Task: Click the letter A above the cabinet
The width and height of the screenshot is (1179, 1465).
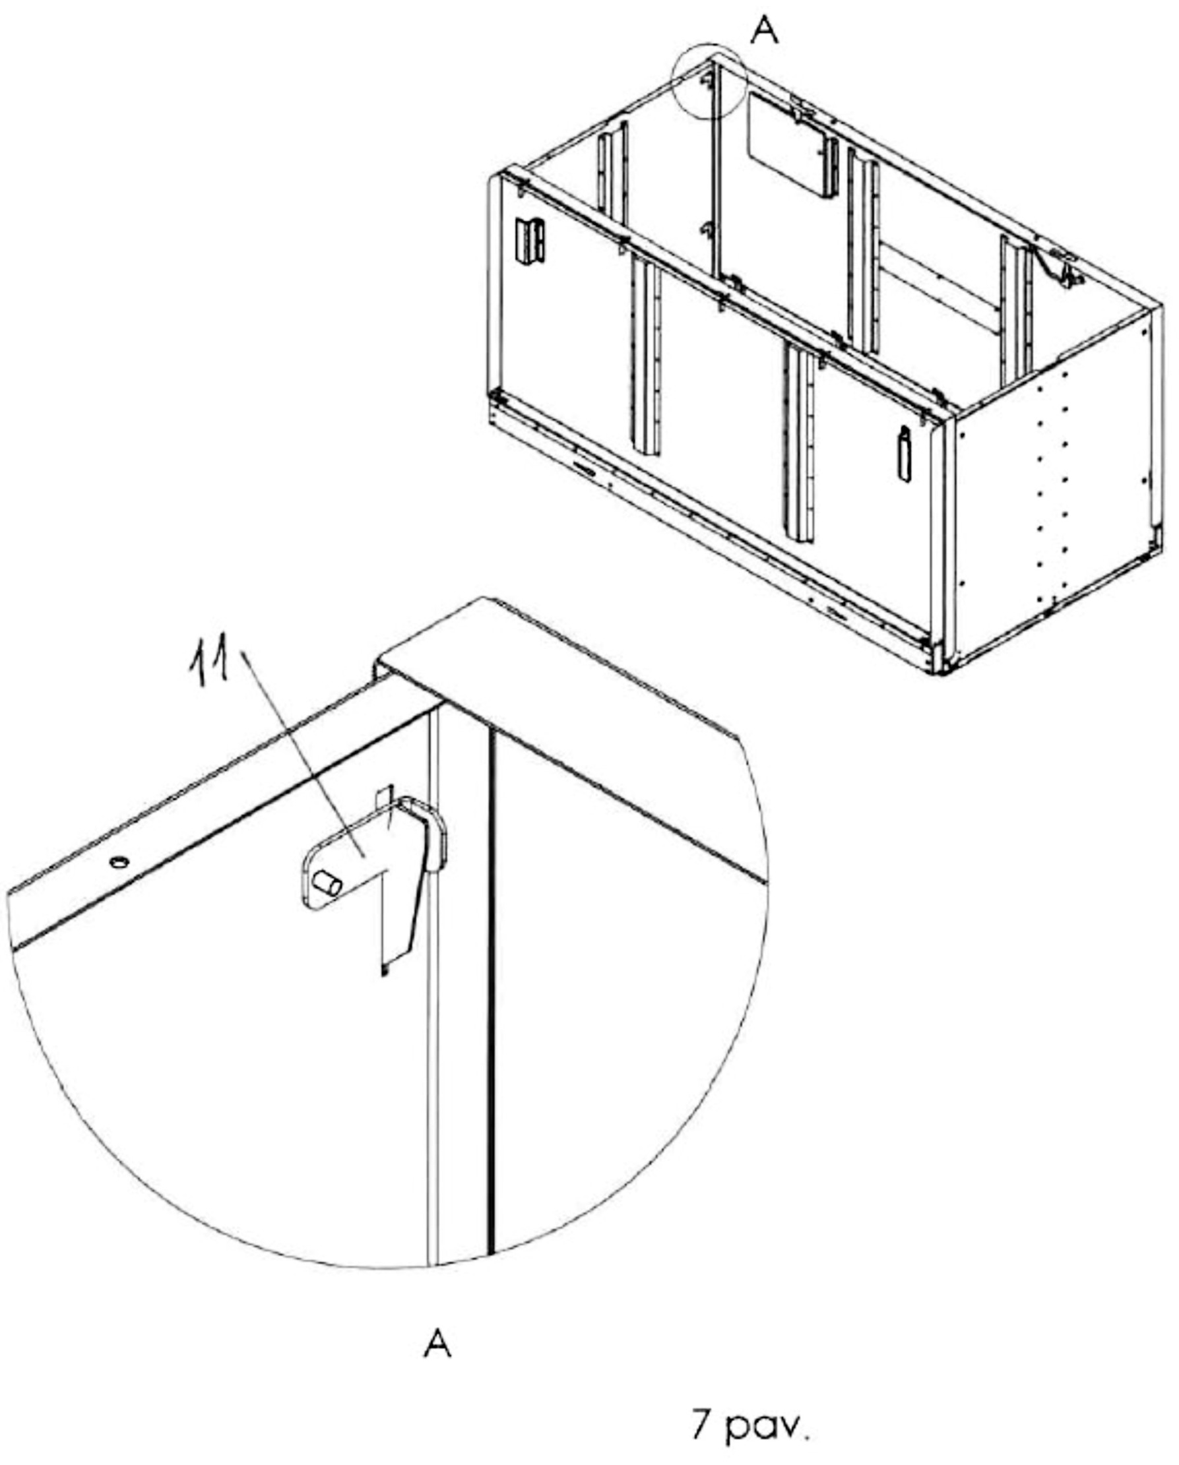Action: (765, 30)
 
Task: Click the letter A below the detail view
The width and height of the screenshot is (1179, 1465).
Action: (437, 1343)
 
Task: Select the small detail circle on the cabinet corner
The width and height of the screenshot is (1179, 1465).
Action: (709, 81)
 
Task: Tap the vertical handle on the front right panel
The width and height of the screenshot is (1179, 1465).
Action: (905, 454)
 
